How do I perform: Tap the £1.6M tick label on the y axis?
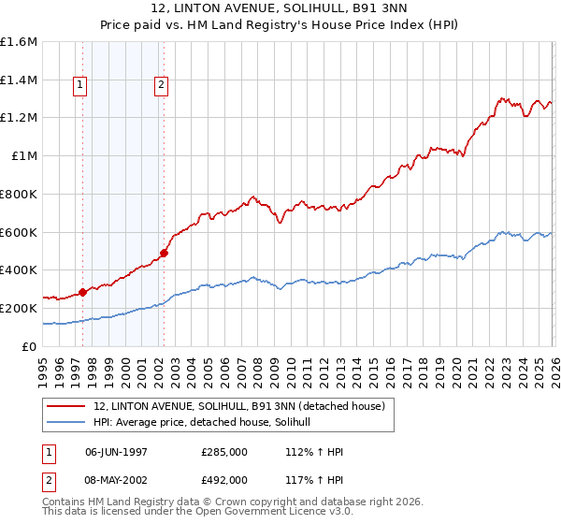pyautogui.click(x=19, y=42)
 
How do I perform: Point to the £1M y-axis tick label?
pyautogui.click(x=23, y=156)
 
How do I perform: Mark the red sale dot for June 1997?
pyautogui.click(x=82, y=292)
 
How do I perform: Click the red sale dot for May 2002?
pyautogui.click(x=164, y=252)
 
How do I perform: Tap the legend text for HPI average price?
pyautogui.click(x=208, y=423)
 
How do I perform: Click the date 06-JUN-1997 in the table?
pyautogui.click(x=116, y=452)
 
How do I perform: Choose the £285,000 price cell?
pyautogui.click(x=223, y=452)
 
